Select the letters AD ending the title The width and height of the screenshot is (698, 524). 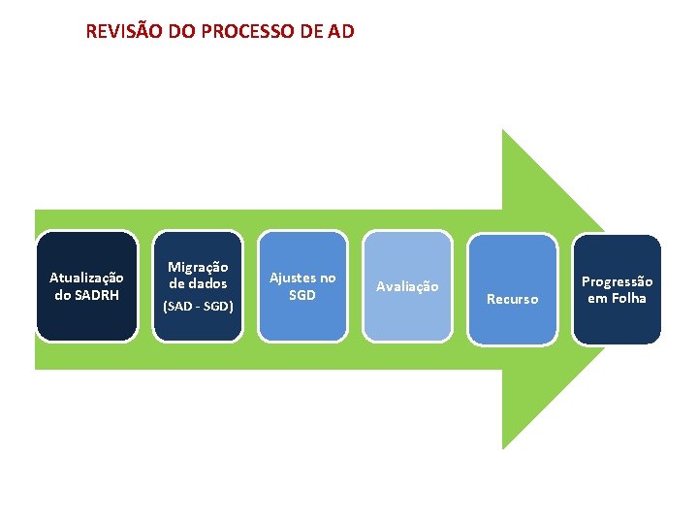(x=341, y=31)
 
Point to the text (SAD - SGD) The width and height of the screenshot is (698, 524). (x=198, y=307)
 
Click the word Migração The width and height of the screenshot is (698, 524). (x=198, y=266)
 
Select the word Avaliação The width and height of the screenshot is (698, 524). (x=407, y=286)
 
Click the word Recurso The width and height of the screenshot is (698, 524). (x=512, y=299)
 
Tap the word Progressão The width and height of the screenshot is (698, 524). (x=617, y=281)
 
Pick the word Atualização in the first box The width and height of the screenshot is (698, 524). (x=86, y=278)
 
